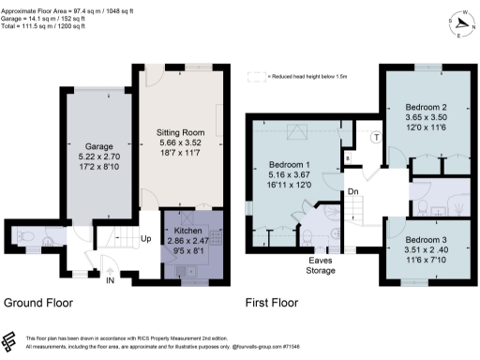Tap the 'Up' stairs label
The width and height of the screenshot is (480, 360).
145,238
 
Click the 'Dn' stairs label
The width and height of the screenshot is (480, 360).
353,192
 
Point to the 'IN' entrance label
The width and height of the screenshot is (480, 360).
111,280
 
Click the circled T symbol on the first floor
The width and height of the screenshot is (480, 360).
376,137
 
